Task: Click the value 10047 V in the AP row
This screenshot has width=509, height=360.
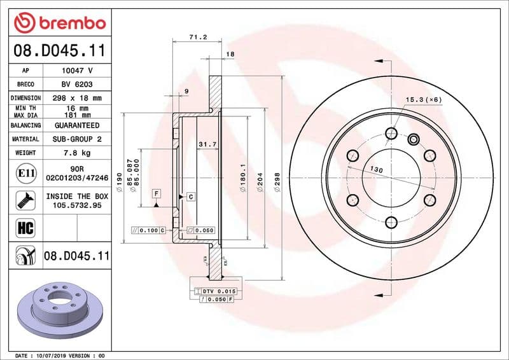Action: [78, 71]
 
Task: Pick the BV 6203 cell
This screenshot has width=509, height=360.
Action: [78, 84]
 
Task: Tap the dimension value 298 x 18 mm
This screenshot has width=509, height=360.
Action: [78, 98]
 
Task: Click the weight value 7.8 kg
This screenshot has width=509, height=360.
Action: [78, 153]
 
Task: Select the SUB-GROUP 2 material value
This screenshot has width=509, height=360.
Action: [78, 139]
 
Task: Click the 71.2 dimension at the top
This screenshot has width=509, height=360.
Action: [198, 38]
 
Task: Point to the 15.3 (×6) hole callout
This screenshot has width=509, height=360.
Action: [424, 100]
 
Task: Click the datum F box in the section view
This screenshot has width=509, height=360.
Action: [155, 193]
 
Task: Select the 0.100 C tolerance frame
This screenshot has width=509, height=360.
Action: [148, 230]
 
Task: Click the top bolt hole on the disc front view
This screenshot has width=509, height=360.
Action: [391, 133]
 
